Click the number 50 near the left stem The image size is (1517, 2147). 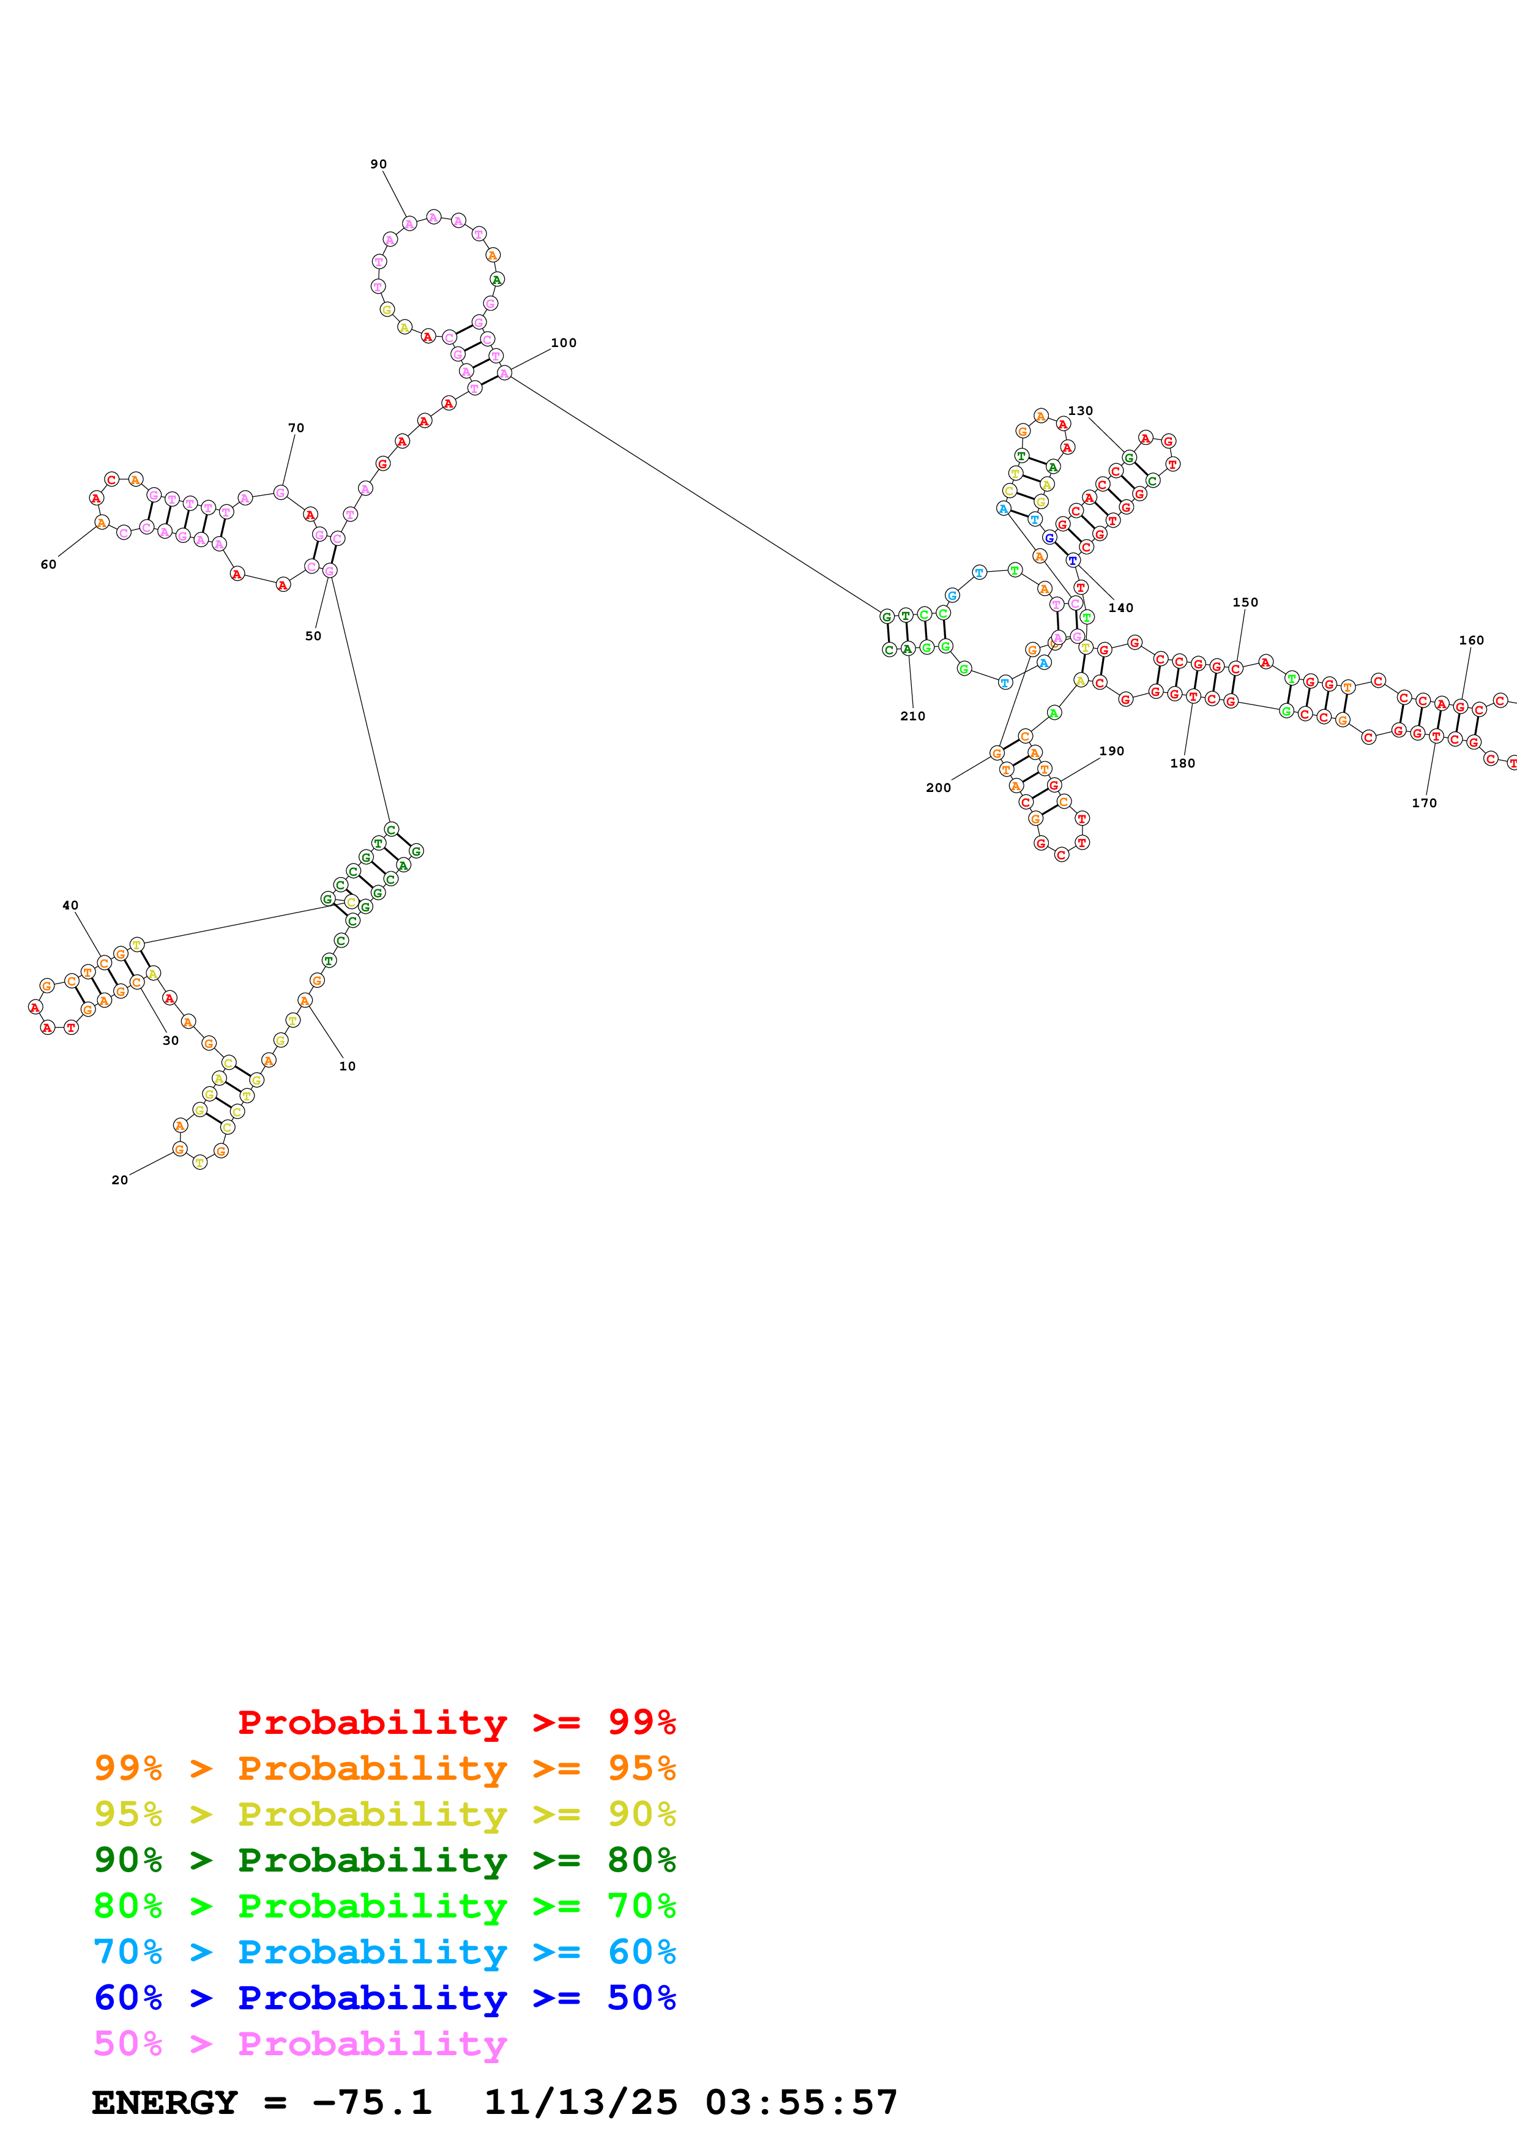(x=313, y=637)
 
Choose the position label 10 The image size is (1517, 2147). (x=348, y=1067)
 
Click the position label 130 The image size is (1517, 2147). (x=1081, y=411)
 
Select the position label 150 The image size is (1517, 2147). (x=1245, y=603)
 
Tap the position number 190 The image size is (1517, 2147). (x=1111, y=752)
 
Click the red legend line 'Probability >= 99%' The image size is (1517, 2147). (x=456, y=1722)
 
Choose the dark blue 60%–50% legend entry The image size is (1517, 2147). (x=384, y=1998)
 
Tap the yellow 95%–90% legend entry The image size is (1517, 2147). (x=384, y=1814)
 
